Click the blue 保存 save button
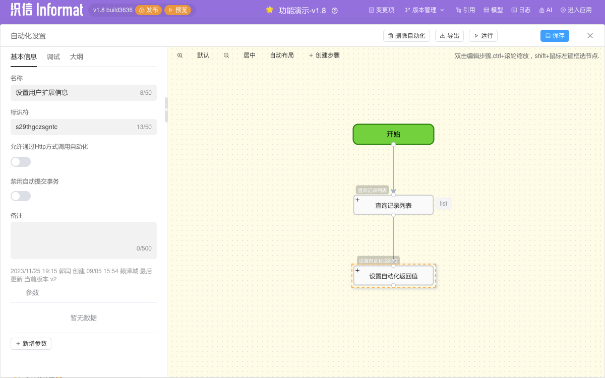point(555,36)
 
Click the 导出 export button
point(449,36)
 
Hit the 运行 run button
point(483,36)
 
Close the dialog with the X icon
point(590,36)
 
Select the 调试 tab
point(53,57)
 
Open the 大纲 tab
point(77,57)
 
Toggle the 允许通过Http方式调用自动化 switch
point(21,162)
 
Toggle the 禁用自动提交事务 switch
point(21,196)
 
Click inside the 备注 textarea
point(84,240)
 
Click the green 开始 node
point(393,134)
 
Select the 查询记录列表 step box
point(393,205)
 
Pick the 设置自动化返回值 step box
point(393,276)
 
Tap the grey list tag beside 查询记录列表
point(444,204)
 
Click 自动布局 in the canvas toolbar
point(282,55)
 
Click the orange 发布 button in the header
point(149,10)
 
